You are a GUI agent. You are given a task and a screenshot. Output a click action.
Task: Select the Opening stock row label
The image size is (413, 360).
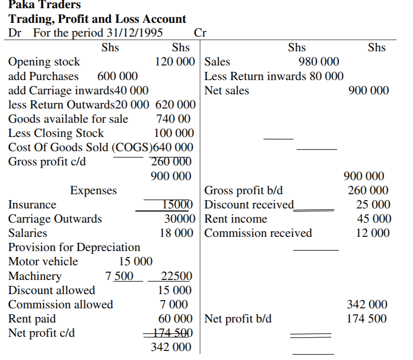44,62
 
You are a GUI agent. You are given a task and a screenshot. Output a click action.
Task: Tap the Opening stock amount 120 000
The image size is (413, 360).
175,62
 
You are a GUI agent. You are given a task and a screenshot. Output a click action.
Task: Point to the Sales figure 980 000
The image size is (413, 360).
319,62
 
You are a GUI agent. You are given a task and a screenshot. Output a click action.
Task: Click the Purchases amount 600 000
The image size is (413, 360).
117,76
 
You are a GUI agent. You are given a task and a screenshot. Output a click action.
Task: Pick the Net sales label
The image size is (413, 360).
226,90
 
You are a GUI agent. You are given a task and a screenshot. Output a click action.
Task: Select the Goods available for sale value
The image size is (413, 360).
173,118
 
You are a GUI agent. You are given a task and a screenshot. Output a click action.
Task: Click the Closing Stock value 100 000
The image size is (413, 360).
174,133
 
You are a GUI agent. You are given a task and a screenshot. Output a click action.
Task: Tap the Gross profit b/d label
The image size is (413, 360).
243,190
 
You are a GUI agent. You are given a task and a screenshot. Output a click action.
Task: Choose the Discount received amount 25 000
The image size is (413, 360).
373,205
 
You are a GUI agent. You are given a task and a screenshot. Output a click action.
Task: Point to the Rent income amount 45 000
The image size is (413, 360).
373,219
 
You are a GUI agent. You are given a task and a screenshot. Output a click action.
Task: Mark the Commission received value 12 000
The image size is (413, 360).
373,233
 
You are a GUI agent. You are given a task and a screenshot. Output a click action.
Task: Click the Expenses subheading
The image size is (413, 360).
93,190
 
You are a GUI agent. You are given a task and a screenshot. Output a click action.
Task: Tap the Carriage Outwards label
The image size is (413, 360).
55,219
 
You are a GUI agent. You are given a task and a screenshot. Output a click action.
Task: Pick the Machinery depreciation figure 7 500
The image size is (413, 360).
119,276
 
